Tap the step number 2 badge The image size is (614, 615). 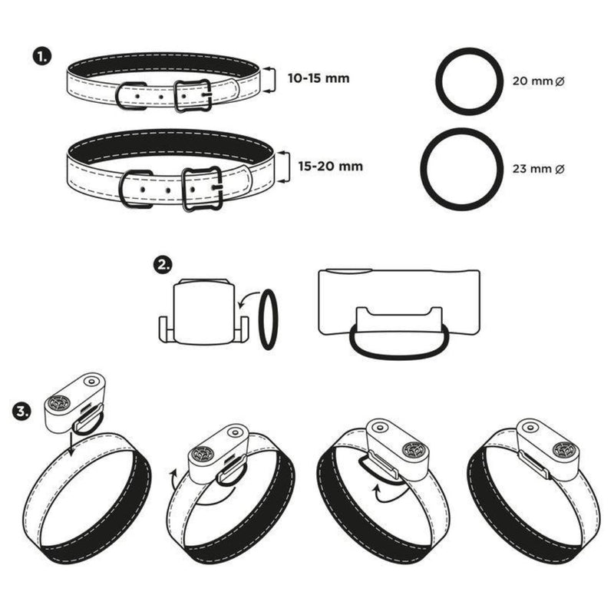pos(163,265)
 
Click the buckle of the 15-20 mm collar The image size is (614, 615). pos(202,187)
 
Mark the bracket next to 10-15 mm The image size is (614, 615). pos(269,79)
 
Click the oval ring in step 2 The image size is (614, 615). pos(268,319)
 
